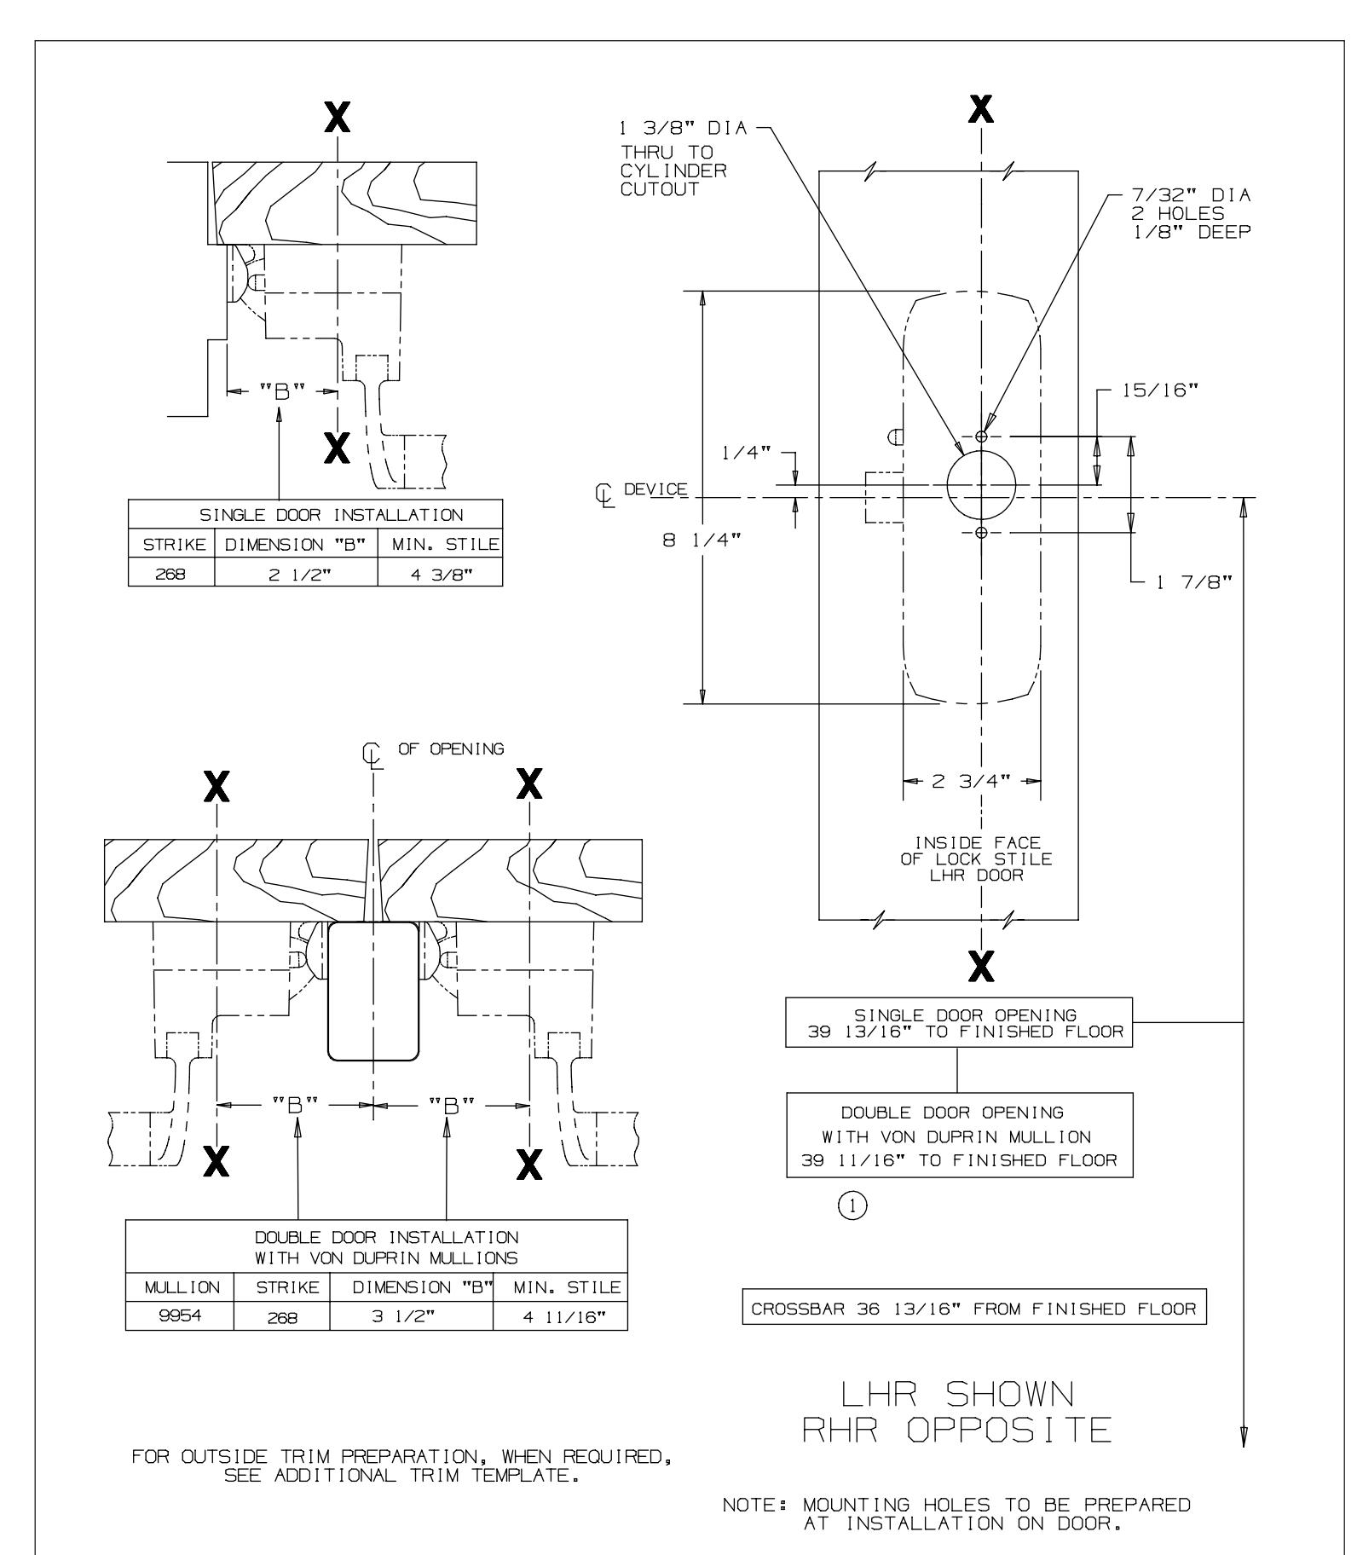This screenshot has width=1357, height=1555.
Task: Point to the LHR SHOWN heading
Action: (x=957, y=1394)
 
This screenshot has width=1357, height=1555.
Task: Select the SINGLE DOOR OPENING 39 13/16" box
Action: (x=958, y=1023)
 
